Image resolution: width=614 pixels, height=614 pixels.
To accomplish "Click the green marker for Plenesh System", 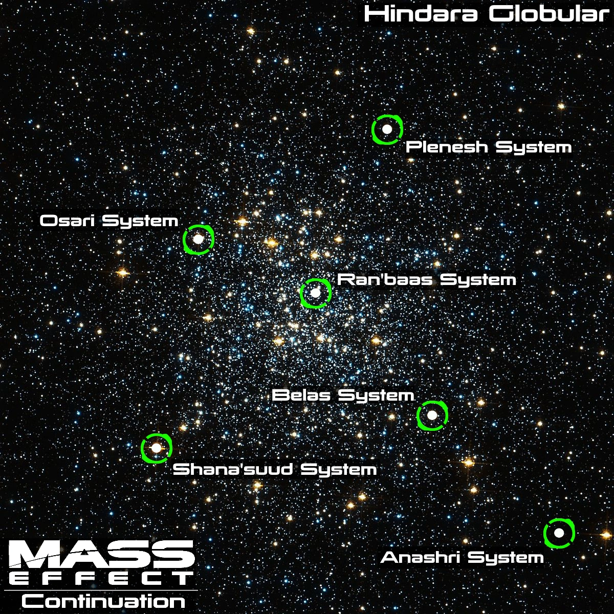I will pyautogui.click(x=387, y=129).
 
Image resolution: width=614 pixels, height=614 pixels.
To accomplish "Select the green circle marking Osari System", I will pyautogui.click(x=199, y=239).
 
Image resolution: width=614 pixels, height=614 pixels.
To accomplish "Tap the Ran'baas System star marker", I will pyautogui.click(x=316, y=293).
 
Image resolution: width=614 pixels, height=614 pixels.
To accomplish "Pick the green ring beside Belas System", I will pyautogui.click(x=432, y=415).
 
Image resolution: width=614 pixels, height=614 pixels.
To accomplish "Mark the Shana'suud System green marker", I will pyautogui.click(x=157, y=448).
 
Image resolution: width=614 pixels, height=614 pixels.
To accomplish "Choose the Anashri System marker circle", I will pyautogui.click(x=559, y=533).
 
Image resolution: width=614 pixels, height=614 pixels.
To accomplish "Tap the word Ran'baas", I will pyautogui.click(x=385, y=280).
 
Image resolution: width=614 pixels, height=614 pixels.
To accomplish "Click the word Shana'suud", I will pyautogui.click(x=233, y=469).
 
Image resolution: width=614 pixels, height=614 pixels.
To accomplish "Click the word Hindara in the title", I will pyautogui.click(x=422, y=14).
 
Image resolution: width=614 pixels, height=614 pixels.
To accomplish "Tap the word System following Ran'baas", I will pyautogui.click(x=478, y=280).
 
